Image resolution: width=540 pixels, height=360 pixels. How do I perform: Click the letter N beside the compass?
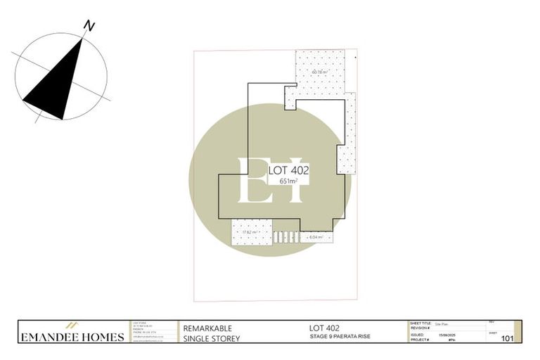tap(89, 26)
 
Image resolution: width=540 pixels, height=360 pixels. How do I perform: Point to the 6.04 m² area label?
tap(316, 237)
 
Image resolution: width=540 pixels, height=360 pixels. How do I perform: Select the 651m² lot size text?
tap(288, 181)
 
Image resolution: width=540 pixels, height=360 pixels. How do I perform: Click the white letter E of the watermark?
tap(252, 180)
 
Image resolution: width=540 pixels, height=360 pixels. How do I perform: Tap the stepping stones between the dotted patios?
tap(285, 237)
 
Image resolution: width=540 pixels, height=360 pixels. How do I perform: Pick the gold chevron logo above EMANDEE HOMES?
tap(71, 326)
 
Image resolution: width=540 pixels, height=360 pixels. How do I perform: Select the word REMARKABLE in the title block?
tap(207, 328)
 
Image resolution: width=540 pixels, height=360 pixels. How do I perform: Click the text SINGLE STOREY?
tap(212, 339)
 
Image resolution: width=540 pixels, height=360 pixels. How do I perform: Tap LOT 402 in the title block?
tap(325, 328)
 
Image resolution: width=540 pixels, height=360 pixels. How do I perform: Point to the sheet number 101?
tap(506, 339)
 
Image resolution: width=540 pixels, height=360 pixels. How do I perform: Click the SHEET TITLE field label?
tap(420, 324)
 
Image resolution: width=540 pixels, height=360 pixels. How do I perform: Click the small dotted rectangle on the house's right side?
tap(344, 160)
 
